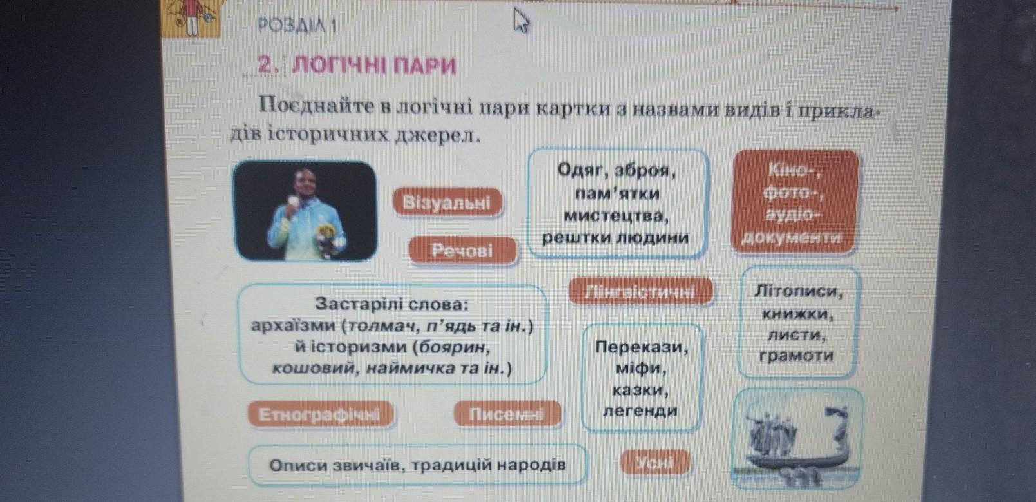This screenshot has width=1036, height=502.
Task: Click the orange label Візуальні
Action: [447, 202]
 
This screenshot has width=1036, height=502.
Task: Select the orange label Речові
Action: [462, 251]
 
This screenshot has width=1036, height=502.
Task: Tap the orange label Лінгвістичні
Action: [640, 292]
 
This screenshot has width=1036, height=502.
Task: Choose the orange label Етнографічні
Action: [319, 414]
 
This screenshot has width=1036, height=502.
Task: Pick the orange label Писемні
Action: [507, 414]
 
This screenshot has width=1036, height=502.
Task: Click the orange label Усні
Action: [655, 463]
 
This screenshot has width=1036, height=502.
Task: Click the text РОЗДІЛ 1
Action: [297, 26]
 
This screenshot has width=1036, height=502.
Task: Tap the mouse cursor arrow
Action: [521, 21]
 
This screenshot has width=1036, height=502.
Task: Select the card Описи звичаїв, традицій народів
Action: [418, 465]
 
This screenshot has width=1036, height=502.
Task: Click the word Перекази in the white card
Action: [641, 347]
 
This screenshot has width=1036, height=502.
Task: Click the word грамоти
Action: [796, 356]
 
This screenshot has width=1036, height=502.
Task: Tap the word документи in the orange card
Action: [791, 237]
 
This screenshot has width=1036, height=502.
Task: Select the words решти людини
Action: [616, 238]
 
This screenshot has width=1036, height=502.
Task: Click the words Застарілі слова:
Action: [391, 304]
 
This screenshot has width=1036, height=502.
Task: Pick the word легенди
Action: [640, 410]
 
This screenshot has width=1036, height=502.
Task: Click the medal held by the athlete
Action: [292, 200]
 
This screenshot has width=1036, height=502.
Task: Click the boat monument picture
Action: [797, 439]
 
